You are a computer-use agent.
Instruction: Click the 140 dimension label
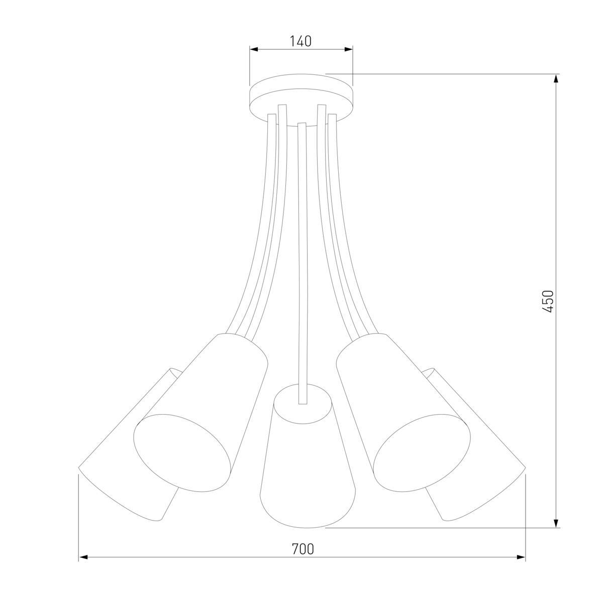click(300, 41)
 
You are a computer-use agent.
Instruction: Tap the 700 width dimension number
click(303, 549)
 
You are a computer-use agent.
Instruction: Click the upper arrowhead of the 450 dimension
click(556, 79)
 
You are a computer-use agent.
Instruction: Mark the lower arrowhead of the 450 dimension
click(556, 523)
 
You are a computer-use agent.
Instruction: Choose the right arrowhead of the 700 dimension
click(521, 557)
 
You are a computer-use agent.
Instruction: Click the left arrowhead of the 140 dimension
click(254, 49)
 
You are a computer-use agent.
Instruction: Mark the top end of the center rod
click(302, 124)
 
